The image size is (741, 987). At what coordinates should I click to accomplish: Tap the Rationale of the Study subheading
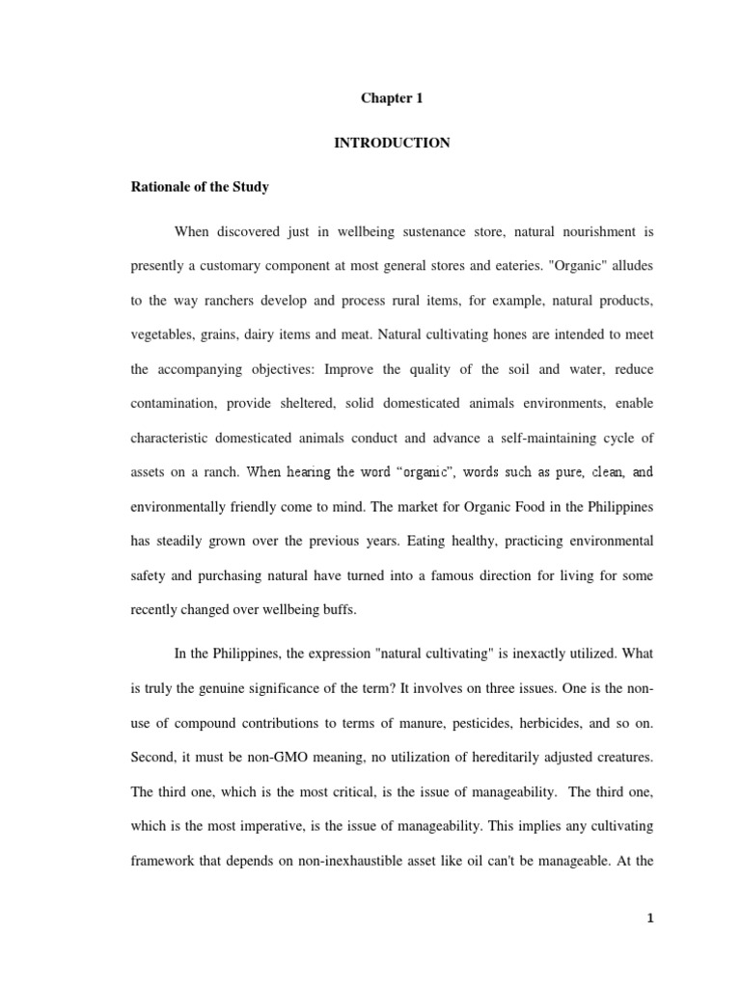pos(200,187)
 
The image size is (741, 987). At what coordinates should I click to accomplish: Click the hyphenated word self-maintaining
pos(540,438)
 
